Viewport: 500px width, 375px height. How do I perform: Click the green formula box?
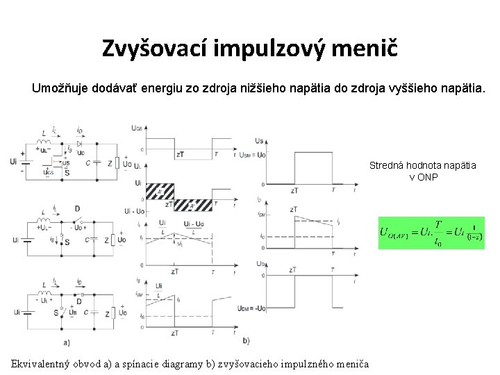tap(431, 233)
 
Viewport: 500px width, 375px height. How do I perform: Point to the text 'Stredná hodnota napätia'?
tap(422, 165)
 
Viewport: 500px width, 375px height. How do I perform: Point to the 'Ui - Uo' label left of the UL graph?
tap(134, 210)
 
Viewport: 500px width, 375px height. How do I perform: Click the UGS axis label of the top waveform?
tap(137, 128)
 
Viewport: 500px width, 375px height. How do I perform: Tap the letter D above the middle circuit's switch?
tap(76, 208)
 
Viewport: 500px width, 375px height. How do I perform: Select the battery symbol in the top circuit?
tap(26, 162)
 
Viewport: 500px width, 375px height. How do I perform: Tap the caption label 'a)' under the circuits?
tap(66, 342)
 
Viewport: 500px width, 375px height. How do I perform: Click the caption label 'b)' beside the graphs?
tap(247, 340)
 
